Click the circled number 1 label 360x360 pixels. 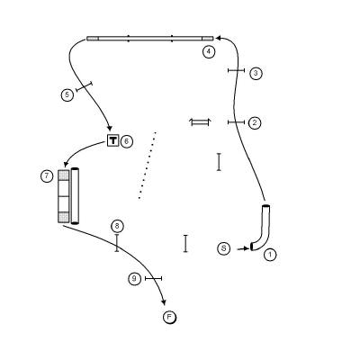[270, 255]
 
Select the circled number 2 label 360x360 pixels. [255, 122]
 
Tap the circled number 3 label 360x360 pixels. [256, 73]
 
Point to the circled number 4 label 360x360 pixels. [209, 52]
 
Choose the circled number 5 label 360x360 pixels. [67, 95]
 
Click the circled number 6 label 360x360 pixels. [126, 141]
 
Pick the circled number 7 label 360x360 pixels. [47, 175]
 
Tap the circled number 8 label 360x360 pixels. [117, 226]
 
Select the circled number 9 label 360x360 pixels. [134, 279]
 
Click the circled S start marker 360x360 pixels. [223, 248]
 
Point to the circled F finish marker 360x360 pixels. [169, 318]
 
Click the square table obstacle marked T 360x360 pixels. [112, 140]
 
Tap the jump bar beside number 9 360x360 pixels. [153, 279]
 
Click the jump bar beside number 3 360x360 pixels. [237, 70]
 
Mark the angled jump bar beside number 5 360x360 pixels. [84, 86]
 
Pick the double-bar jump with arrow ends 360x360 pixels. [200, 122]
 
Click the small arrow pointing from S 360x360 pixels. [243, 248]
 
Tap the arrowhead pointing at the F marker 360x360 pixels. [164, 302]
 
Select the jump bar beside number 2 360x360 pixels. [236, 122]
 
